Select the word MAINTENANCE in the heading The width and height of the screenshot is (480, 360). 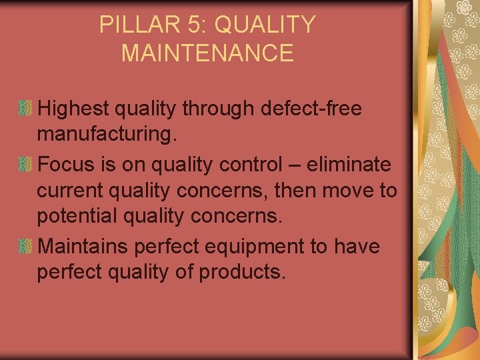click(x=207, y=53)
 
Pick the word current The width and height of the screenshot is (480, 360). click(x=72, y=191)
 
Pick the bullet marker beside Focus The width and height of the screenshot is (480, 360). click(x=25, y=163)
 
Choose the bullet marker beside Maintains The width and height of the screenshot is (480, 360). click(x=25, y=247)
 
